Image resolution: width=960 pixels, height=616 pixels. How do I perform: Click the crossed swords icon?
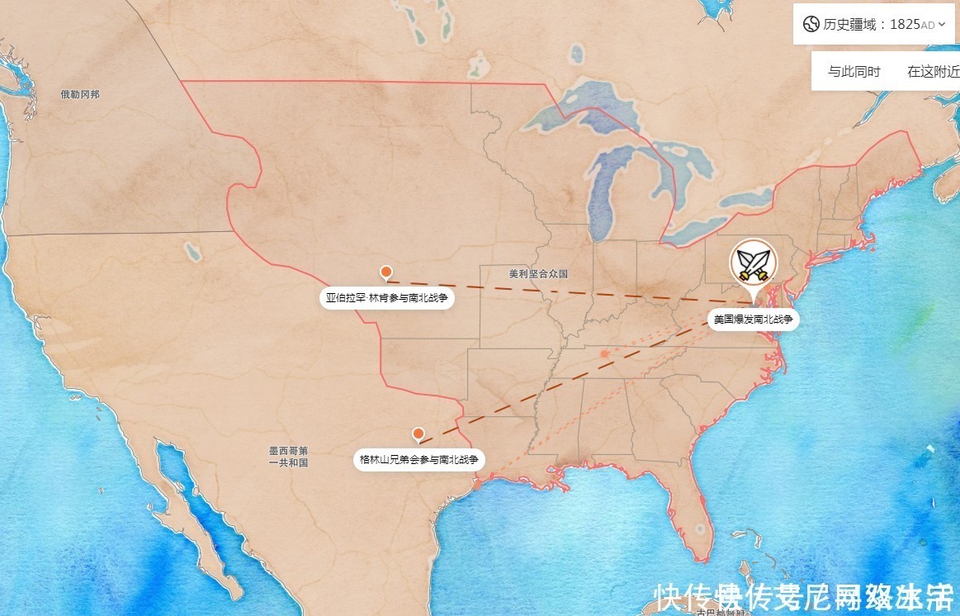pyautogui.click(x=753, y=263)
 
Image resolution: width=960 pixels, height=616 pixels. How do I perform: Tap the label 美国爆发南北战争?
pyautogui.click(x=753, y=319)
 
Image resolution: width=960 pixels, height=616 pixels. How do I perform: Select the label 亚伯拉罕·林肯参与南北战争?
pyautogui.click(x=387, y=298)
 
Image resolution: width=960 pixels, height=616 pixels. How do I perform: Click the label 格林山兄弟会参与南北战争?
pyautogui.click(x=419, y=459)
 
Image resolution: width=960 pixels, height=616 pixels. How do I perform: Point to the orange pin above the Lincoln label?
pyautogui.click(x=385, y=272)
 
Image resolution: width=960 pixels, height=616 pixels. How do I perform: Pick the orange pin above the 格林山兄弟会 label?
pyautogui.click(x=419, y=434)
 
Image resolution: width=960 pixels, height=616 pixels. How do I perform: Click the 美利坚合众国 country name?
pyautogui.click(x=538, y=273)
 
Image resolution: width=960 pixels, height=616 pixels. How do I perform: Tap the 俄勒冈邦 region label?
pyautogui.click(x=80, y=94)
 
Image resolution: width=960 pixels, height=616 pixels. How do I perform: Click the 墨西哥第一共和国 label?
pyautogui.click(x=288, y=457)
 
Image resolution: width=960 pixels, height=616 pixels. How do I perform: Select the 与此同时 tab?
pyautogui.click(x=854, y=72)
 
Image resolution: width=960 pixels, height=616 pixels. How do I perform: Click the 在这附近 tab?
pyautogui.click(x=933, y=72)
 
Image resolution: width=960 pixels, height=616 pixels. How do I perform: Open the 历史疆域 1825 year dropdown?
pyautogui.click(x=942, y=25)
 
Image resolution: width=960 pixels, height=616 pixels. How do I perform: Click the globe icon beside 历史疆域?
pyautogui.click(x=810, y=24)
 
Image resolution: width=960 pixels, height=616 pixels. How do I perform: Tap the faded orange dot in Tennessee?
pyautogui.click(x=605, y=353)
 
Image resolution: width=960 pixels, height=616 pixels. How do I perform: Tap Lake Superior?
pyautogui.click(x=578, y=116)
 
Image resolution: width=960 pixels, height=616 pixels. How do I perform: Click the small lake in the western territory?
pyautogui.click(x=192, y=249)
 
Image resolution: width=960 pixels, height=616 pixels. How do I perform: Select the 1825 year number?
pyautogui.click(x=905, y=24)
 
